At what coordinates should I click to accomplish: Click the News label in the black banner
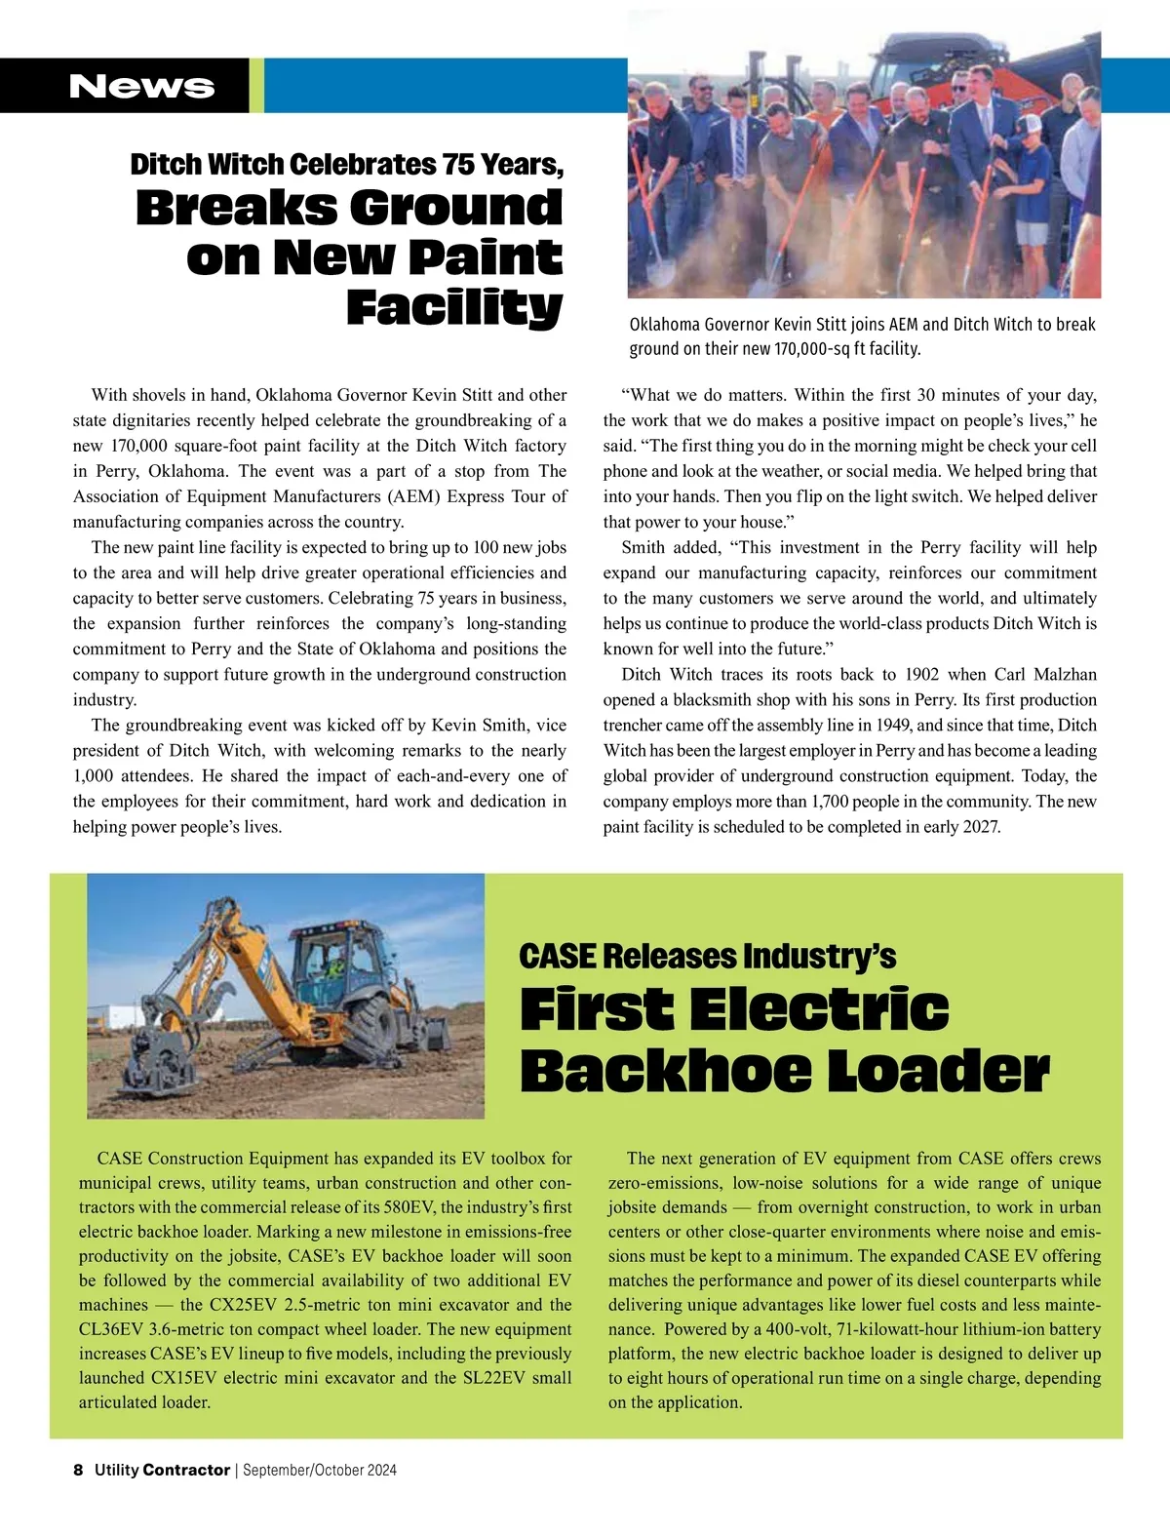(x=141, y=86)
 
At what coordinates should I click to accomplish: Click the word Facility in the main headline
(x=454, y=307)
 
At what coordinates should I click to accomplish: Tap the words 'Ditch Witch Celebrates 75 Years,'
(x=347, y=164)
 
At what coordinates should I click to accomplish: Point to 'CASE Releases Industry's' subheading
(x=707, y=956)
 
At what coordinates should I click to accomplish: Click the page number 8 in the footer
(x=78, y=1470)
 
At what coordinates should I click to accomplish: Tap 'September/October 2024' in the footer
(x=320, y=1470)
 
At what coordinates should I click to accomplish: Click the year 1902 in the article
(x=921, y=675)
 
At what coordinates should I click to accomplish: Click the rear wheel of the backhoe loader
(x=370, y=1027)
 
